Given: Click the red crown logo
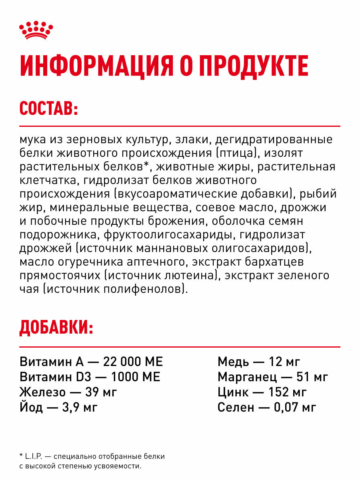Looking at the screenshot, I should point(36,30).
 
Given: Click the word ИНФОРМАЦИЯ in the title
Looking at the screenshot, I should point(96,66).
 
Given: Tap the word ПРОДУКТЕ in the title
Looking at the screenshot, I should point(254,66).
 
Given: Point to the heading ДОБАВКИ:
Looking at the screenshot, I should point(56,328).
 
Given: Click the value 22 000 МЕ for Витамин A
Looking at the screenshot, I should point(133,362).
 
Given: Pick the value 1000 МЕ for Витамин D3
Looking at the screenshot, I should point(135,377).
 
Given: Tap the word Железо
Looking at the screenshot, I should point(42,392).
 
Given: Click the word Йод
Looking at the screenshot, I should point(32,407).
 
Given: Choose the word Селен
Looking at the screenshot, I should point(236,407).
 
